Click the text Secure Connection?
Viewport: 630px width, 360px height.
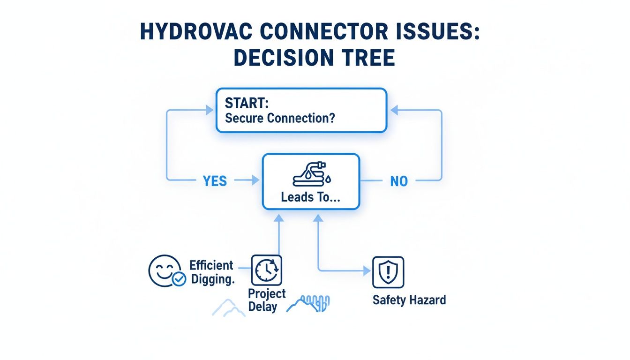pos(280,118)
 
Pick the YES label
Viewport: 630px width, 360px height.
pos(215,181)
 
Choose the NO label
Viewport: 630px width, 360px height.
pos(398,181)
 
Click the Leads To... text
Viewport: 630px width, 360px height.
pos(311,197)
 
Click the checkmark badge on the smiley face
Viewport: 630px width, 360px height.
pos(179,280)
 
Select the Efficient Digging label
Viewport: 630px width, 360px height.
pos(212,272)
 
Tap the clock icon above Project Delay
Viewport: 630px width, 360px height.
pos(267,270)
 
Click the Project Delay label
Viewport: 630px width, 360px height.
pos(266,300)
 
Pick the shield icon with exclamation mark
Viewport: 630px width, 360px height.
pos(388,271)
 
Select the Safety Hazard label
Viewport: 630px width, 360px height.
pos(409,300)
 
